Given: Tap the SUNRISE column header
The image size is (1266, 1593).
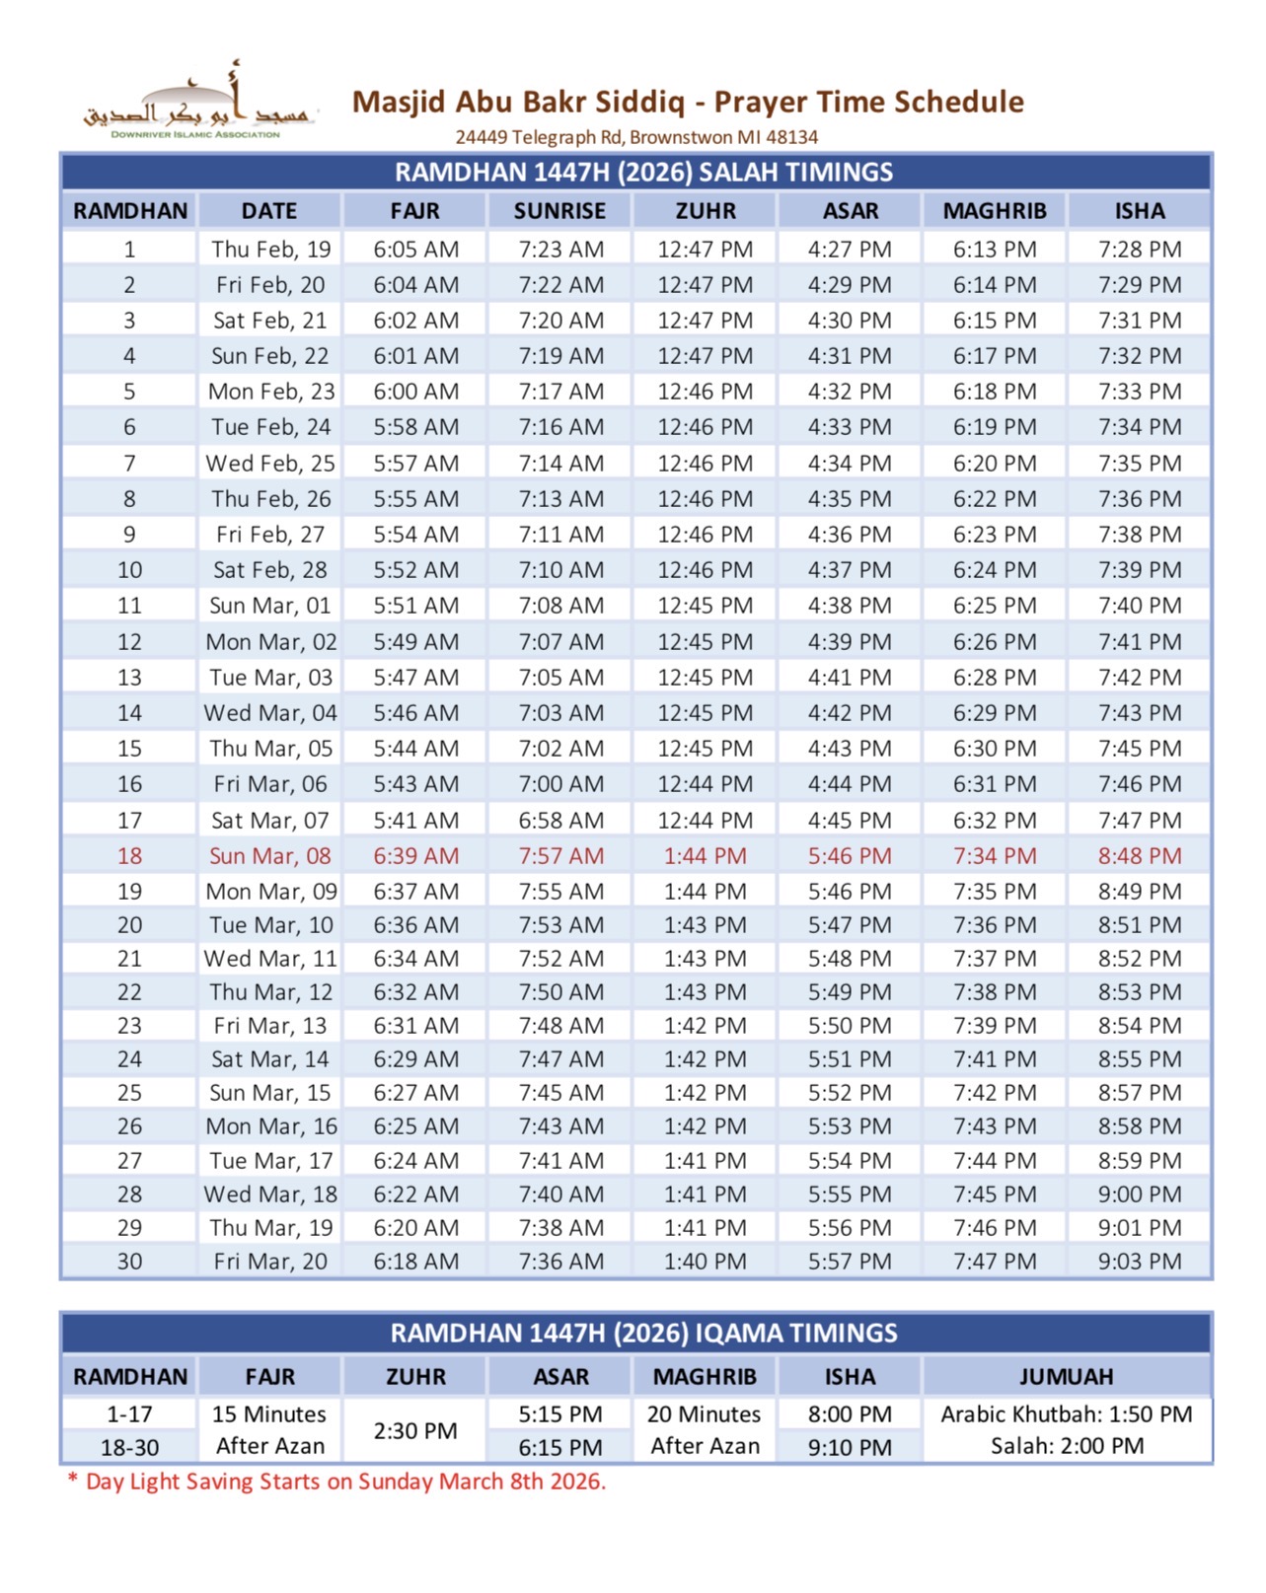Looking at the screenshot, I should (x=559, y=211).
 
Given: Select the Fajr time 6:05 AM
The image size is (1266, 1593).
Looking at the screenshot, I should (x=415, y=250).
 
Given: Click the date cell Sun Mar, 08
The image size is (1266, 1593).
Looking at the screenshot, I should (x=269, y=856).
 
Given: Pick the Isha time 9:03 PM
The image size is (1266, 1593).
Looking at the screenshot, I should (x=1140, y=1262).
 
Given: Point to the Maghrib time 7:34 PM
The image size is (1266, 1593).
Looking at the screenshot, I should (x=995, y=856).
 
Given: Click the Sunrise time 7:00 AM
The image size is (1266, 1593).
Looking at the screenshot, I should (x=561, y=784).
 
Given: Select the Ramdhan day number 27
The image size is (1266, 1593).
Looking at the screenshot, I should (x=129, y=1161).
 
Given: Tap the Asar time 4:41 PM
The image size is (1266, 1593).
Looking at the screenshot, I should (x=850, y=678).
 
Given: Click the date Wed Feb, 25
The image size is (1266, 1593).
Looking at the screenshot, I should (x=269, y=464).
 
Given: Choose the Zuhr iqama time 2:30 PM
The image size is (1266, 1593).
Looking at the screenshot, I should (x=415, y=1431).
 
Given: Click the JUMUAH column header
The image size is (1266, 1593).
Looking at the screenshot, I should (x=1066, y=1377).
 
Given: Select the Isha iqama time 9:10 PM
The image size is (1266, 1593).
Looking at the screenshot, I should (x=850, y=1448).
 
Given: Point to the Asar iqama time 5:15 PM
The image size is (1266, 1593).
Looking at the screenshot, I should (x=560, y=1414).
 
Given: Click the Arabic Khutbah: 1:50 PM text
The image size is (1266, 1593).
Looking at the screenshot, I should (x=1066, y=1414).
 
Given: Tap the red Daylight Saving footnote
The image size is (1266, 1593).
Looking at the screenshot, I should (x=336, y=1482).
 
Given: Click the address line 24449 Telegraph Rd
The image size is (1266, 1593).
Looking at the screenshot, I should (x=636, y=137).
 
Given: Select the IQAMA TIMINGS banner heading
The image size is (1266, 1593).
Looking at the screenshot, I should (x=643, y=1334).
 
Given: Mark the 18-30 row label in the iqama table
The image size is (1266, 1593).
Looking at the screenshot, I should (x=129, y=1448).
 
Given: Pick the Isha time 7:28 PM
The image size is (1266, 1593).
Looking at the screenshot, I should (x=1140, y=250).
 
